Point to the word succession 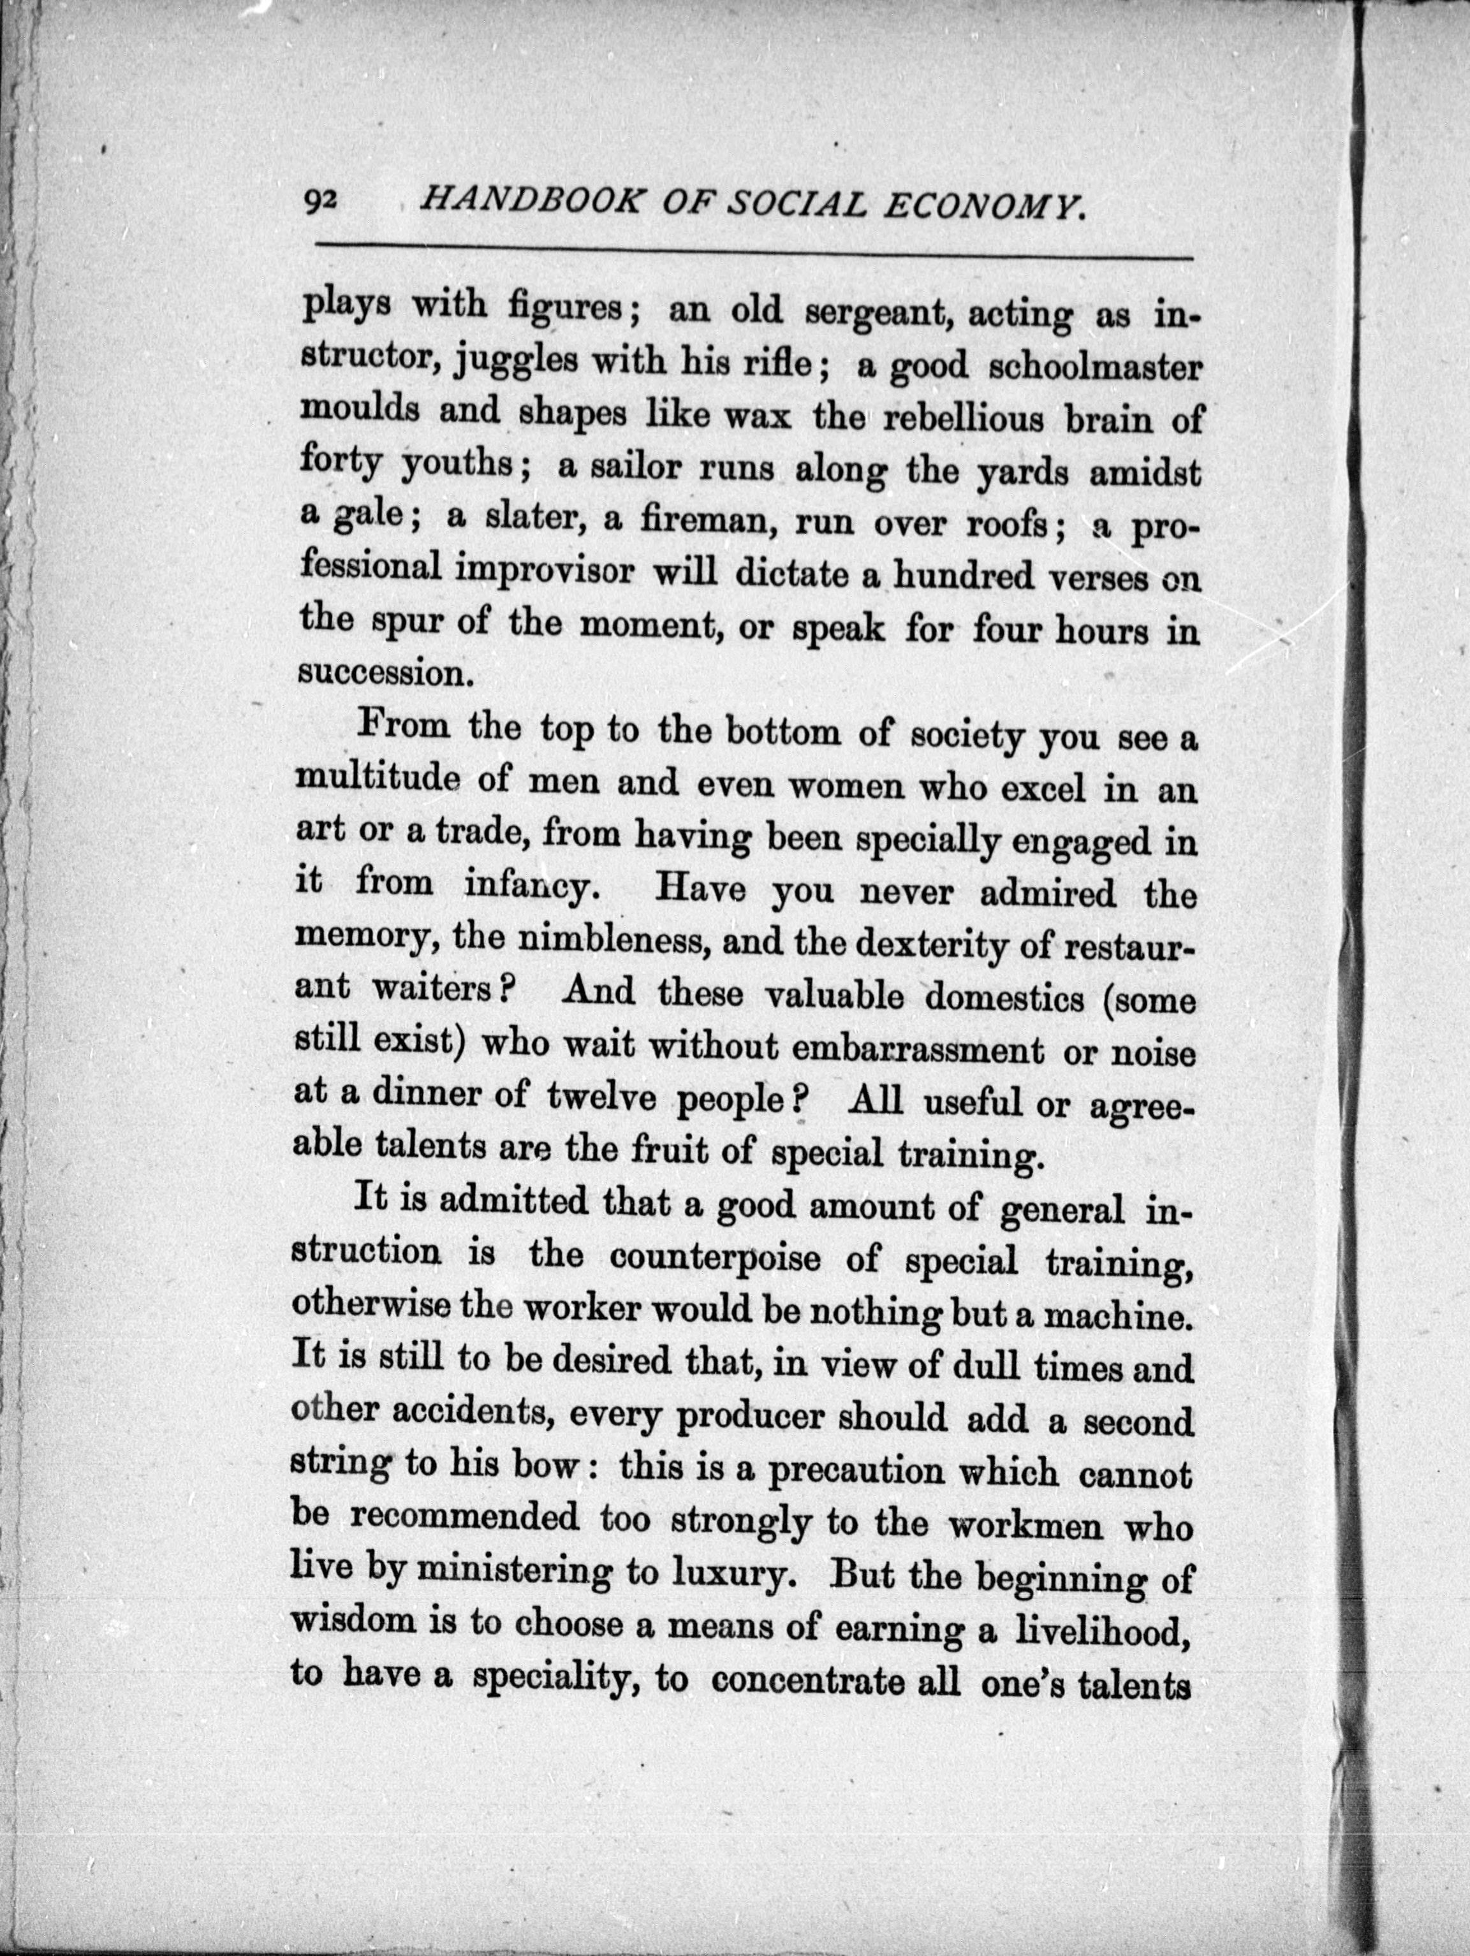[x=381, y=674]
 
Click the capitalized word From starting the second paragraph [x=404, y=727]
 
